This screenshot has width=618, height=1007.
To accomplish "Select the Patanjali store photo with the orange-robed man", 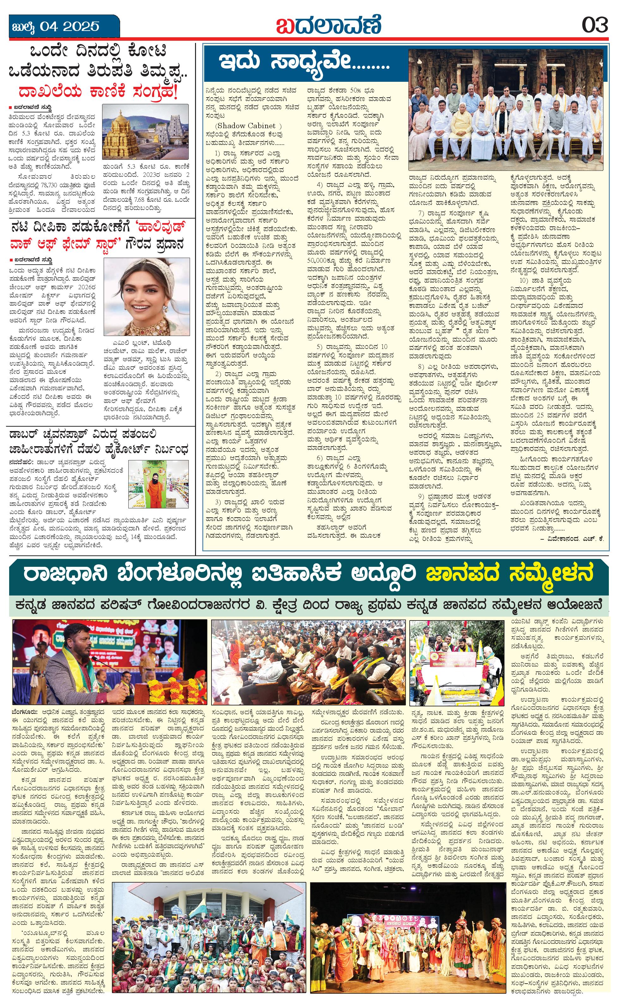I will (158, 484).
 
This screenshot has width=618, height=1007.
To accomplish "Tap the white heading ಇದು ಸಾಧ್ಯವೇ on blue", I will (304, 63).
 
